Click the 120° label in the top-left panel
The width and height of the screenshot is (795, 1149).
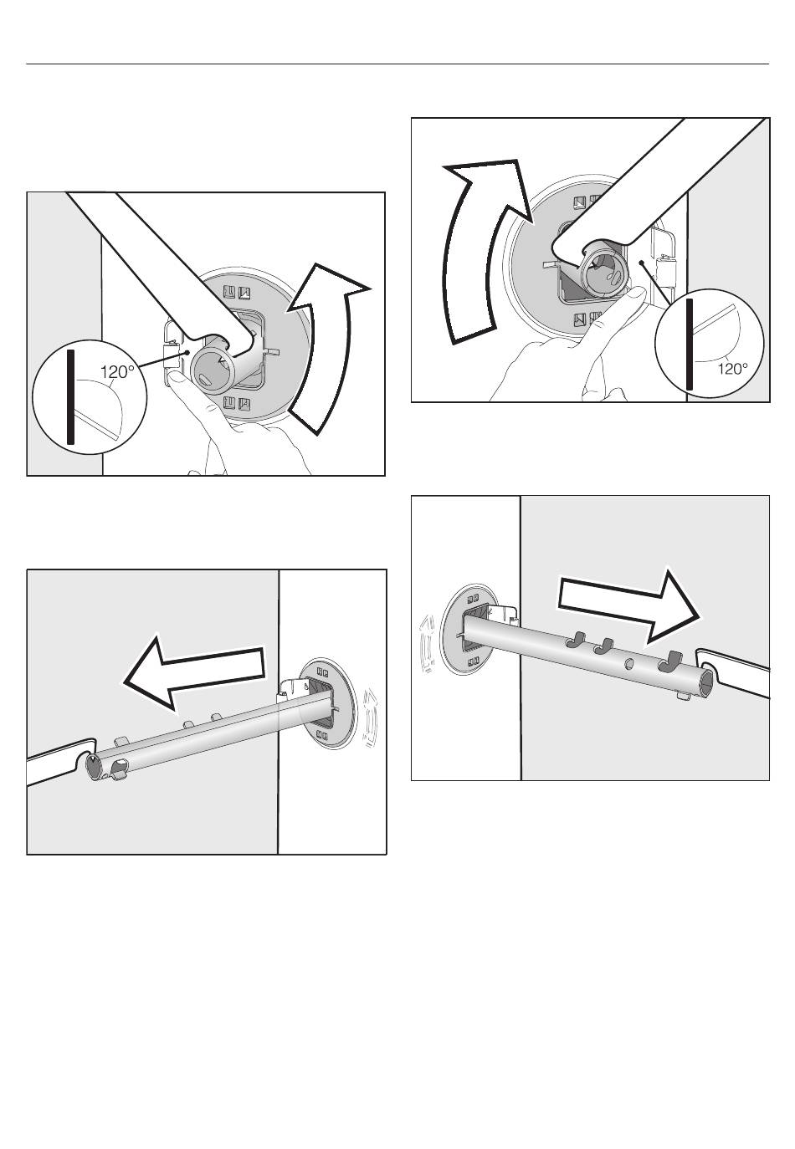(118, 372)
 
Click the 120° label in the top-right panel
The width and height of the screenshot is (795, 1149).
(732, 368)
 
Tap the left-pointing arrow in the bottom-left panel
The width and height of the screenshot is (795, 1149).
(194, 673)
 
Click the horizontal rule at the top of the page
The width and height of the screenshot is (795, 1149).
(397, 64)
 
